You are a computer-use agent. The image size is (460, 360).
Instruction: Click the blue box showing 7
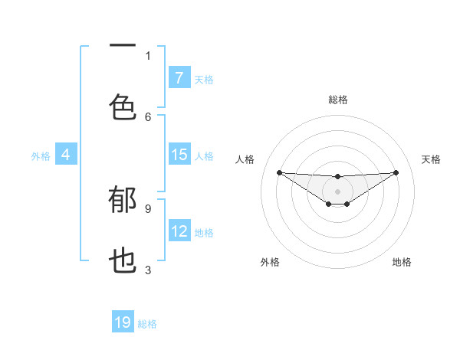(x=179, y=78)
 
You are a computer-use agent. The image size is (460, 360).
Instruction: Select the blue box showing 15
(x=179, y=155)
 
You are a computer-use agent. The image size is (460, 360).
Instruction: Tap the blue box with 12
(x=179, y=231)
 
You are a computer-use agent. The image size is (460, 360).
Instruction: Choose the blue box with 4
(x=65, y=155)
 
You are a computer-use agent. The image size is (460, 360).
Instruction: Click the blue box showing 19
(x=123, y=322)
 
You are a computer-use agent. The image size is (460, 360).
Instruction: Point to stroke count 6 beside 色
(x=148, y=116)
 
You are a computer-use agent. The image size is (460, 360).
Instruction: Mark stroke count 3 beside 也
(x=148, y=270)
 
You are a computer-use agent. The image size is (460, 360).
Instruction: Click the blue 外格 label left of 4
(x=41, y=155)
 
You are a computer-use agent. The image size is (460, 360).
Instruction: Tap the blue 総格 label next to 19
(x=147, y=323)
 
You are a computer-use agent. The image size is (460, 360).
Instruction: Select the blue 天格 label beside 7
(x=204, y=79)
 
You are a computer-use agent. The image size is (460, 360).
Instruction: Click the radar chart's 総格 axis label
(x=337, y=100)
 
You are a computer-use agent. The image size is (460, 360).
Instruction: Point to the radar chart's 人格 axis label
(x=245, y=159)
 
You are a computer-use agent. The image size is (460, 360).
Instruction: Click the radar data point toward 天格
(x=396, y=172)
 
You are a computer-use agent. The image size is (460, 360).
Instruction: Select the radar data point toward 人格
(x=279, y=172)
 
